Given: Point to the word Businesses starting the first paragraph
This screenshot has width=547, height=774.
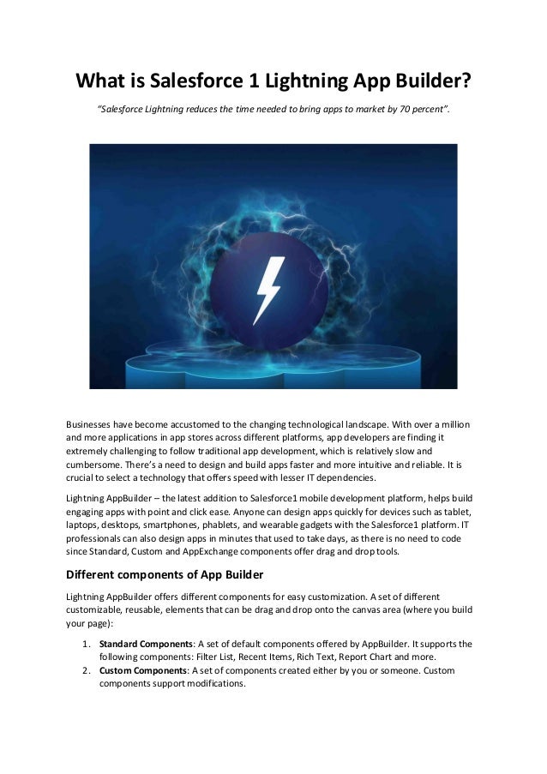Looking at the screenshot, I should [96, 425].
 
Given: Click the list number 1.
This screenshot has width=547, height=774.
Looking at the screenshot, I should [86, 643].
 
